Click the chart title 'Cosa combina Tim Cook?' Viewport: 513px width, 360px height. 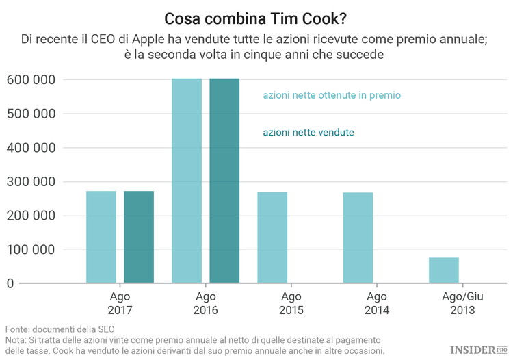coord(256,16)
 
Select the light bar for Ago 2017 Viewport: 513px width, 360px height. coord(101,236)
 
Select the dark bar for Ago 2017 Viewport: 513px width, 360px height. coord(139,236)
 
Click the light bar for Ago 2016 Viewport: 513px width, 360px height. coord(187,181)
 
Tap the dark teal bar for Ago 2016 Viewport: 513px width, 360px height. coord(224,181)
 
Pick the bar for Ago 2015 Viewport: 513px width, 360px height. coord(272,237)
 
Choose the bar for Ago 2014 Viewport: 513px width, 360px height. coord(358,237)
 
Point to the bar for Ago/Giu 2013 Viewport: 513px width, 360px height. coord(444,270)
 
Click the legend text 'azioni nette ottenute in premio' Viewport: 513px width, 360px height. coord(332,96)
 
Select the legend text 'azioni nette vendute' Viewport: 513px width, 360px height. coord(308,132)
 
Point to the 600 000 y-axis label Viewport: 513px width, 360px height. coord(31,80)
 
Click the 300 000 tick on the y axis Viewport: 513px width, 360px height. coord(31,182)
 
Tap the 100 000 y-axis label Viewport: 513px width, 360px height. coord(31,250)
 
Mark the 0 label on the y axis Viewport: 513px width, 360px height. coord(10,283)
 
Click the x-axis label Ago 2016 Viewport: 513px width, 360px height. coord(205,303)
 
